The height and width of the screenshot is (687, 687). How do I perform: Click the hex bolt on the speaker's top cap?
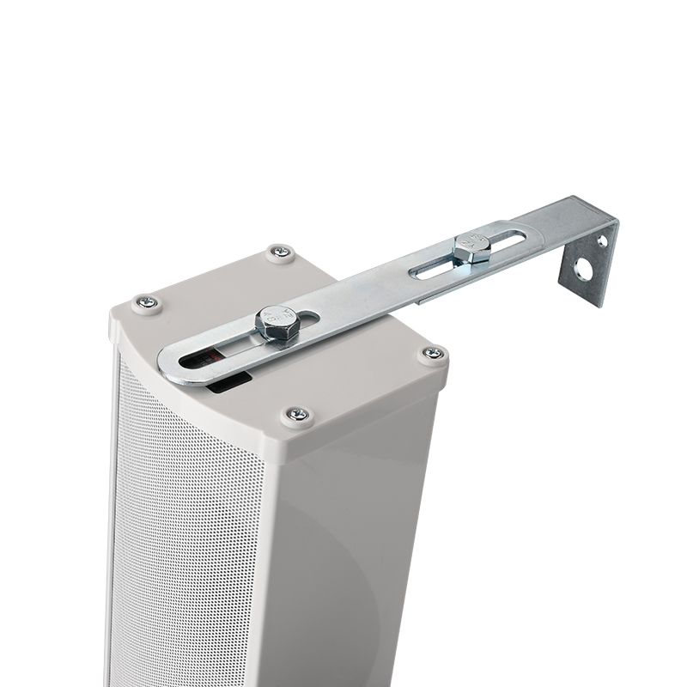click(x=277, y=325)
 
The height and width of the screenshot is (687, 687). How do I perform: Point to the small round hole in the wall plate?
click(x=602, y=241)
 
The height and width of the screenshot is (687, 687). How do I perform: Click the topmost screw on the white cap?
click(x=280, y=252)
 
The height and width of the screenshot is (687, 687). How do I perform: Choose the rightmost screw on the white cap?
click(x=433, y=353)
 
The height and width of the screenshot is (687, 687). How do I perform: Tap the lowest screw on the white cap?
click(x=297, y=415)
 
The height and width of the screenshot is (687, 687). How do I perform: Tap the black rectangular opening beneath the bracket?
click(x=228, y=381)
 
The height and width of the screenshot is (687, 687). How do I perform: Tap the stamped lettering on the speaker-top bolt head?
click(x=277, y=318)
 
